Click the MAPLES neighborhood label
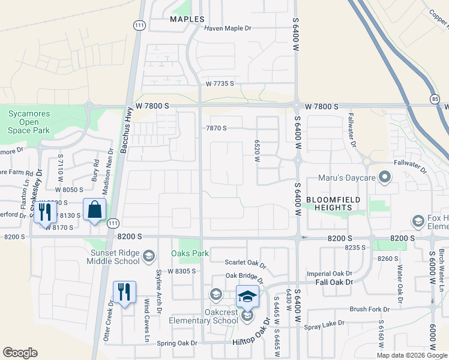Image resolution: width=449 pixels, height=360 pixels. pos(187,19)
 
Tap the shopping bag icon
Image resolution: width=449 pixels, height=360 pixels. pos(95,210)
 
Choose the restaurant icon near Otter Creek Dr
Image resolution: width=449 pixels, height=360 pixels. pos(124,292)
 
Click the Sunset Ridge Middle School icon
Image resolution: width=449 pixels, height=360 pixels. pos(148,257)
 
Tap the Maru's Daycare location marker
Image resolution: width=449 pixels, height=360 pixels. pos(385,177)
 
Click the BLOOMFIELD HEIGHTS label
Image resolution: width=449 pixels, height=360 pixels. pos(329,203)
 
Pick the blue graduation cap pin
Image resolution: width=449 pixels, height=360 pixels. pos(247,296)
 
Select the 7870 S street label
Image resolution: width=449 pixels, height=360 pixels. pos(216,128)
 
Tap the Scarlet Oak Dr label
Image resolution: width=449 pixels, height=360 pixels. pos(244,262)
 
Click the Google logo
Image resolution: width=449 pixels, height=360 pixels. pos(20,352)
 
